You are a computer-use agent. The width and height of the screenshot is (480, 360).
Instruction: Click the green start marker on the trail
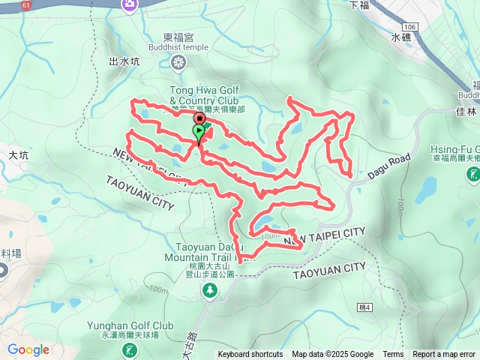(199, 132)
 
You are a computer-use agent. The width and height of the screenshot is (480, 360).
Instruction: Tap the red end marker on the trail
(199, 119)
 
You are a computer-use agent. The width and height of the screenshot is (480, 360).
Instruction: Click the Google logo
(28, 349)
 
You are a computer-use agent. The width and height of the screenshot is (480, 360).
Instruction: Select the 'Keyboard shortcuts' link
(250, 355)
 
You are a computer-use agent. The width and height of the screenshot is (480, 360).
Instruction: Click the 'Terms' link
(393, 355)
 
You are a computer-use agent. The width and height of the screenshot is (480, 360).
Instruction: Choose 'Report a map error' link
(443, 355)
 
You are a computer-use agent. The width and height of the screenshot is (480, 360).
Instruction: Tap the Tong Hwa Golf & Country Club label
(203, 96)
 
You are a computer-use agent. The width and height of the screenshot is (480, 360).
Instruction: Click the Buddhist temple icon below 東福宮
(178, 62)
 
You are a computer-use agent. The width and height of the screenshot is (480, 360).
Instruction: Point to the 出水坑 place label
(124, 62)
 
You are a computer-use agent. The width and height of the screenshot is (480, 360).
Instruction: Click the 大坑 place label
(18, 155)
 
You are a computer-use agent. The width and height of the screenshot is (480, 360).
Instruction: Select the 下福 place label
(359, 4)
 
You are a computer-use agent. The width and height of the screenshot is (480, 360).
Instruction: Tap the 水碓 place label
(401, 36)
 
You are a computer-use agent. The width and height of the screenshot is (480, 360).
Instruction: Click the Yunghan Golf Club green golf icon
(132, 349)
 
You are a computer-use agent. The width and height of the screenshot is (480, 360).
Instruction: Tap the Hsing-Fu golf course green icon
(473, 175)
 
